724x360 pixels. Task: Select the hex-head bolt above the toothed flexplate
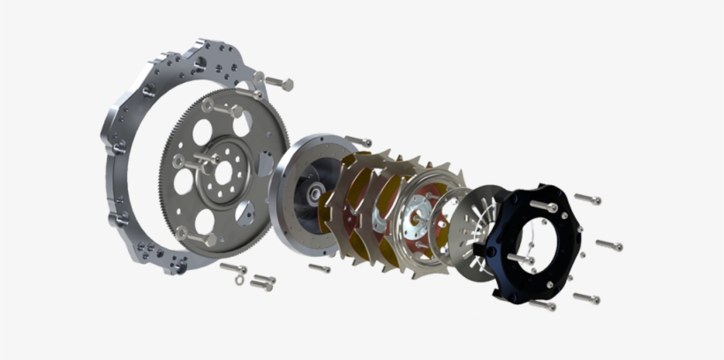click(x=275, y=82)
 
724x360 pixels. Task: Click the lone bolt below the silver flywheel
click(x=319, y=266)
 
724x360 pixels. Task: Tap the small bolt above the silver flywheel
click(x=358, y=139)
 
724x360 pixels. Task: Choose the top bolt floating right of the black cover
click(x=587, y=199)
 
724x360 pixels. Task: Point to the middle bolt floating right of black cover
click(x=608, y=244)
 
